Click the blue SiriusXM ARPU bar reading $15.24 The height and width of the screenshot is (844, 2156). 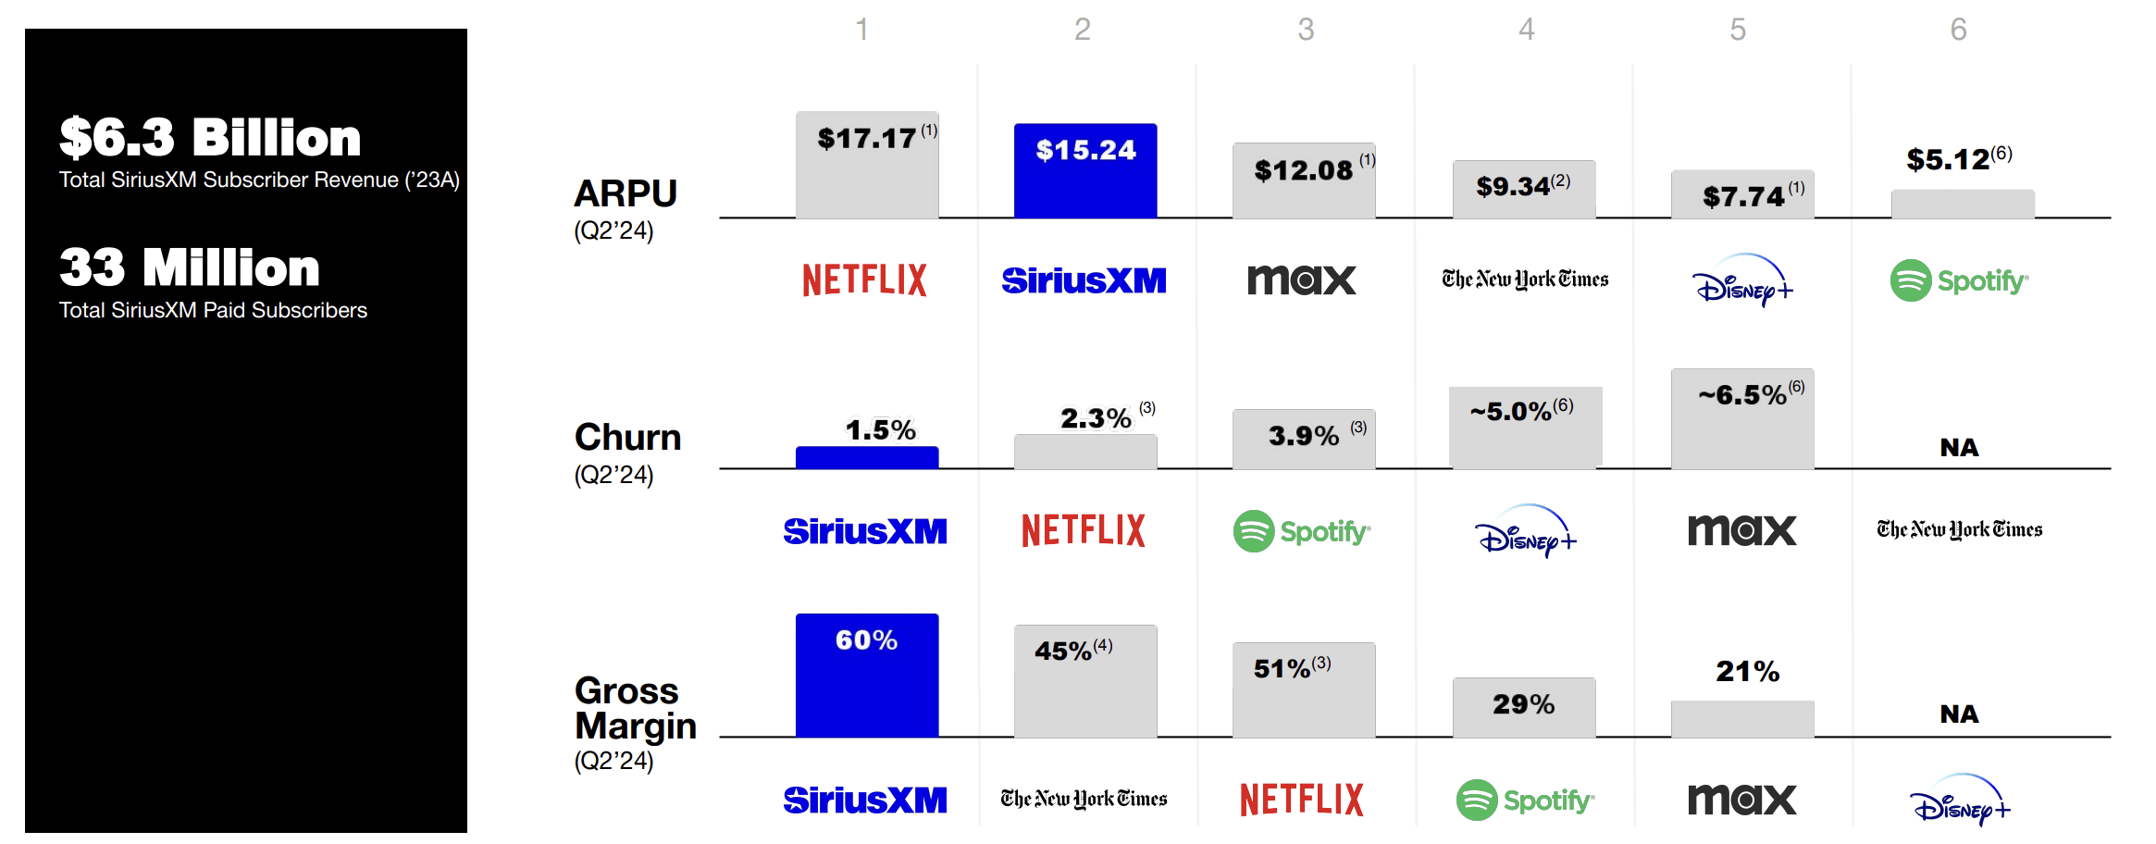1085,171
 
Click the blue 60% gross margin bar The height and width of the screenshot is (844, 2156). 867,676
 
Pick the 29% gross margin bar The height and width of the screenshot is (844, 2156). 1524,707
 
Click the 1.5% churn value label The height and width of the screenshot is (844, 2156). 880,430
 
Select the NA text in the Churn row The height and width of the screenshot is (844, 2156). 1959,448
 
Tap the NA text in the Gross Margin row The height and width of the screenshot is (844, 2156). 1959,714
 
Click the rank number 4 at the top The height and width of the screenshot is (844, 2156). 1526,30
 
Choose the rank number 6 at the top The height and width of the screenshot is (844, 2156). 1958,30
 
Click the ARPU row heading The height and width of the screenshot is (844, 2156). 626,194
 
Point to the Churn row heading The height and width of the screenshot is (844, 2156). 627,438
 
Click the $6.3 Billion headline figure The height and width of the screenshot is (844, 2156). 210,138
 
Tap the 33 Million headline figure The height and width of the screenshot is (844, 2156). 190,268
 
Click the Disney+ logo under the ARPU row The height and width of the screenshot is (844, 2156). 1742,281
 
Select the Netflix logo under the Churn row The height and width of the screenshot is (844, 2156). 1084,531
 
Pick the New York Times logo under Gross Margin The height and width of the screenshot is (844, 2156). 1084,799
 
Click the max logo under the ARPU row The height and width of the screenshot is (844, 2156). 1302,280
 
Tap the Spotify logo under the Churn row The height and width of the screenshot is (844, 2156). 1302,531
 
